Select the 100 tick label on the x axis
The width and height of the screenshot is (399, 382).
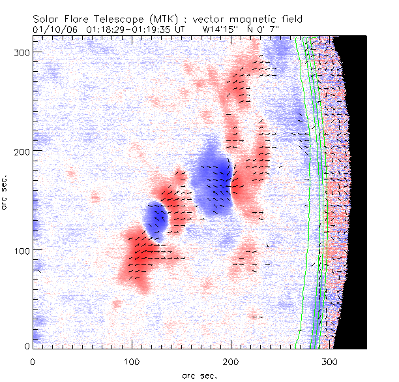[132, 360]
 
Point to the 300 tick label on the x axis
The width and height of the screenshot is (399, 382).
[330, 360]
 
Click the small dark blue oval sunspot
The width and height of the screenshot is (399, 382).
[156, 220]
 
